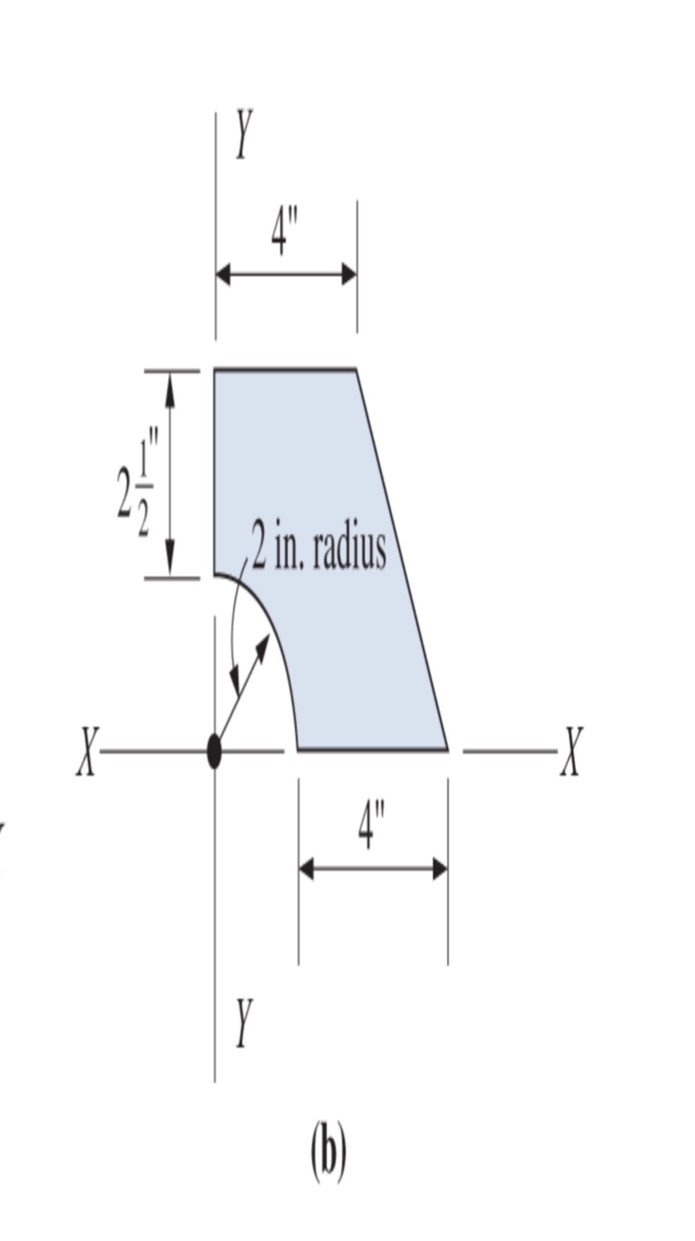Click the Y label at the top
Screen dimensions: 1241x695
242,134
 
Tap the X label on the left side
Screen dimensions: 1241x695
86,752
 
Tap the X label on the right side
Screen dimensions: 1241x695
570,752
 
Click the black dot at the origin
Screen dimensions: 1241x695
214,752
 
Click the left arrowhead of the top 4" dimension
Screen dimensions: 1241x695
223,274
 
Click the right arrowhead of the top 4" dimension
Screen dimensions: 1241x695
348,274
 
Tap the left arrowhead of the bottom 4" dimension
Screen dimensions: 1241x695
307,869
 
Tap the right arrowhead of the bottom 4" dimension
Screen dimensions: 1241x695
440,869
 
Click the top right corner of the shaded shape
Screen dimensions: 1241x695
356,370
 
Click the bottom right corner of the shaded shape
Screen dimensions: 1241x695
447,750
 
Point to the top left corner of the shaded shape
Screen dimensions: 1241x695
215,370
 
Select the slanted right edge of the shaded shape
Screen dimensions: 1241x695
402,560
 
